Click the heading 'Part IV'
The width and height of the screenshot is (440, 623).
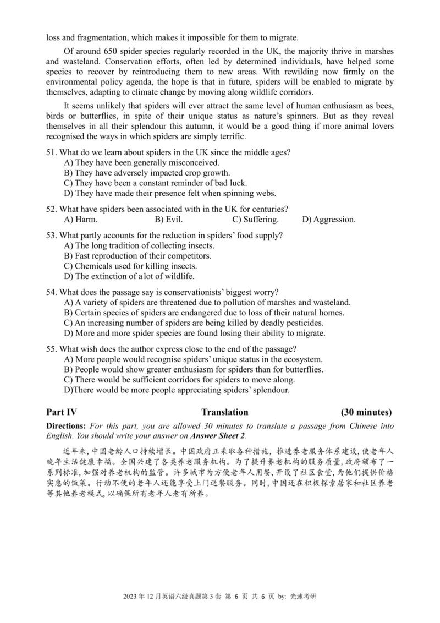[x=62, y=412]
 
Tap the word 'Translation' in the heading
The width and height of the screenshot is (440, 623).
[x=224, y=412]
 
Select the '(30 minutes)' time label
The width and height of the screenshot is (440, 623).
[x=366, y=412]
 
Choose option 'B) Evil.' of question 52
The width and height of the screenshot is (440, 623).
[x=171, y=220]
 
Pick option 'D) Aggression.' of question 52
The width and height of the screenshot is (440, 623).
[x=328, y=220]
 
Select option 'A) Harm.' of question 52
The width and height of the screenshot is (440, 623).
[x=81, y=220]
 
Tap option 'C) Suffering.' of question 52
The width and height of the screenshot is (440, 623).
[x=255, y=220]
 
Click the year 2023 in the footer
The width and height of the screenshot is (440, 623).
[x=131, y=612]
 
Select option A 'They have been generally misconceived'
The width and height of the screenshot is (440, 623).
[x=142, y=162]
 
